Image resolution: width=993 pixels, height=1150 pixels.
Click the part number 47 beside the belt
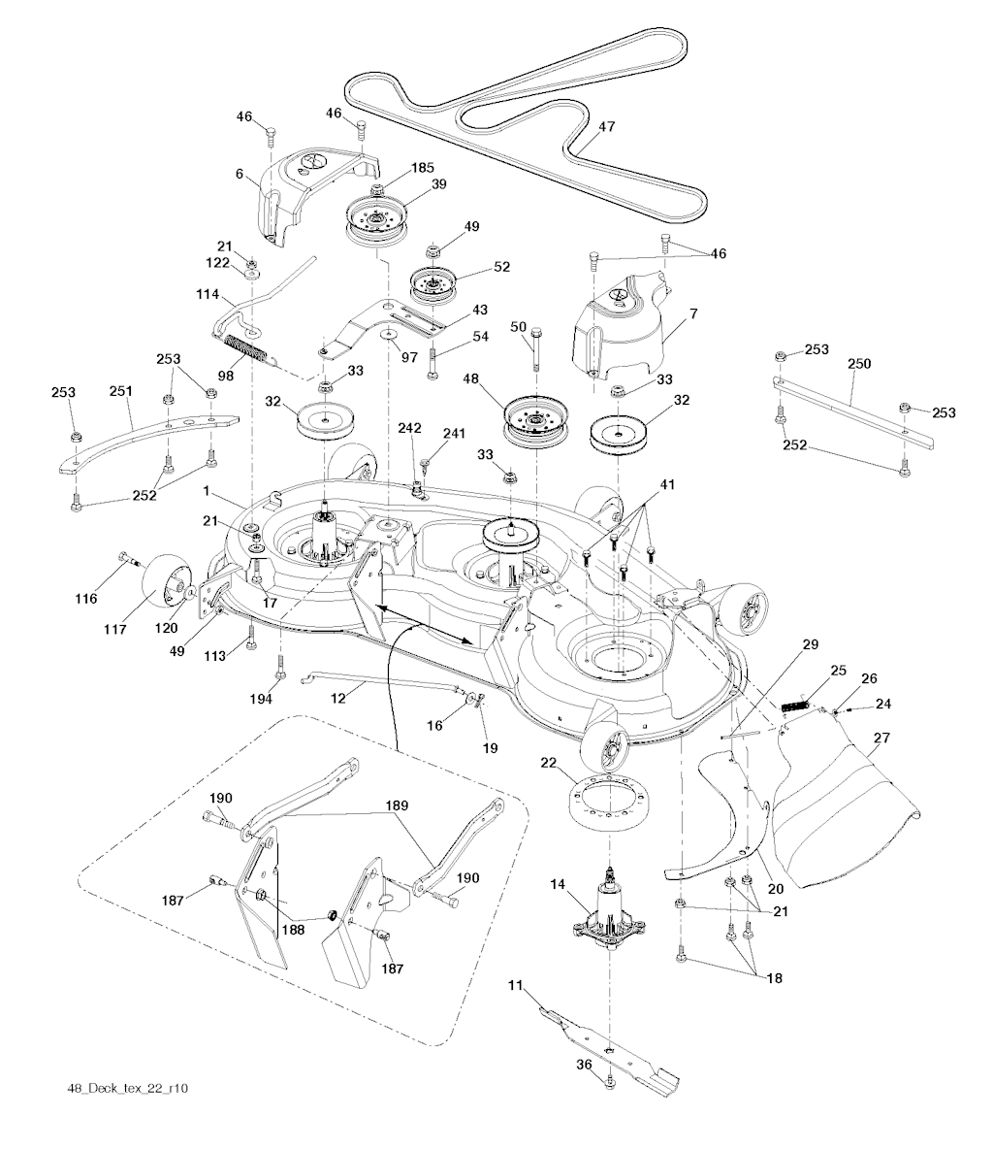click(x=607, y=126)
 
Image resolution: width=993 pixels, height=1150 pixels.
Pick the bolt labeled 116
click(x=126, y=559)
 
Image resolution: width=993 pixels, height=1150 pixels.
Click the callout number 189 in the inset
click(x=396, y=805)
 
